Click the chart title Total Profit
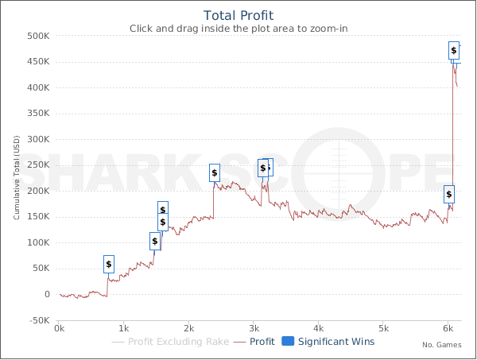(x=238, y=15)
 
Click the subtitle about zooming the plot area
(x=238, y=29)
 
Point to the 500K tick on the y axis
(x=38, y=36)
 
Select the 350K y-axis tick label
(x=38, y=114)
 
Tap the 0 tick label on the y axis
(x=47, y=295)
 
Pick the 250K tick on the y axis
(x=38, y=165)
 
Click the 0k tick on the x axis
(x=58, y=328)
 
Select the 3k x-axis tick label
(x=254, y=328)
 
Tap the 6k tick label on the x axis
(x=448, y=328)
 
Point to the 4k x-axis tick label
(x=319, y=328)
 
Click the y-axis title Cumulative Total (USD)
(x=16, y=178)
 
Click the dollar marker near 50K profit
(x=109, y=264)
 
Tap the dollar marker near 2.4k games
(x=215, y=172)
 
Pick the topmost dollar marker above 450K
(x=454, y=51)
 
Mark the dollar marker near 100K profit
(x=155, y=241)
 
